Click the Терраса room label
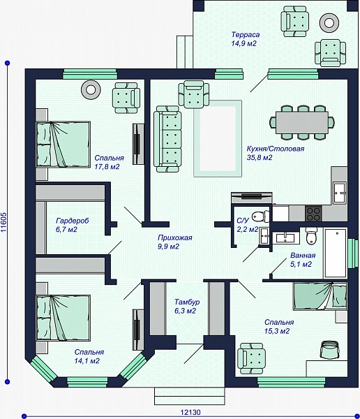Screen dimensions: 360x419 click(246, 35)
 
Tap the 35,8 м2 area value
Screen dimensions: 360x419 click(260, 158)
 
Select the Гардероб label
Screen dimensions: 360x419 click(73, 221)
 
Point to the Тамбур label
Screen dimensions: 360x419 click(187, 302)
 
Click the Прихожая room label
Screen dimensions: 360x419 click(175, 237)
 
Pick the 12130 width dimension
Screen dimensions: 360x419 click(190, 412)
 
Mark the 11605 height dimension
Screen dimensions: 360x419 click(3, 222)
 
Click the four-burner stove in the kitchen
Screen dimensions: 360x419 click(313, 214)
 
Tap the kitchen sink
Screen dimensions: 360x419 click(340, 193)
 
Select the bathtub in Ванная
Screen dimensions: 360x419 click(336, 253)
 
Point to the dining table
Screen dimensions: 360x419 click(302, 123)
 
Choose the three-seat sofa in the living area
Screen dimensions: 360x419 click(167, 139)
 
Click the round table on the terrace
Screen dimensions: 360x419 click(329, 23)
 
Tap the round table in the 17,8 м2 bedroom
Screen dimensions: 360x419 click(91, 90)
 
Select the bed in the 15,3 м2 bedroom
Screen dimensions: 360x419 click(320, 296)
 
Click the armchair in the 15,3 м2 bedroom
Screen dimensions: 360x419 click(251, 359)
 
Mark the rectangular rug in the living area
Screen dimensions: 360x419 click(218, 139)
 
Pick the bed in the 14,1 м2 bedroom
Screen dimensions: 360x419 click(63, 318)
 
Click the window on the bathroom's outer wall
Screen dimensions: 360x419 click(353, 253)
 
